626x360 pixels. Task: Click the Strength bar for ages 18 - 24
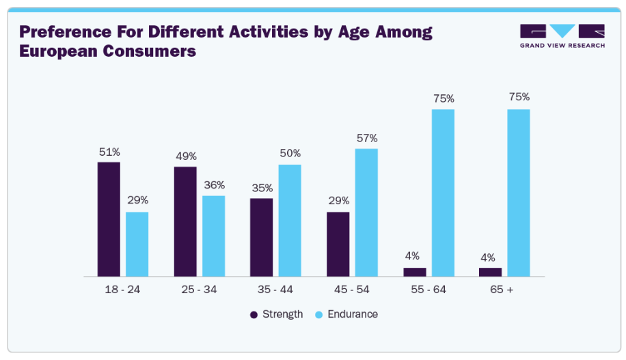(x=109, y=219)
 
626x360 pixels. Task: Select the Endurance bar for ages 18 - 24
(x=137, y=244)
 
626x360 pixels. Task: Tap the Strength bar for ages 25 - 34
(x=185, y=221)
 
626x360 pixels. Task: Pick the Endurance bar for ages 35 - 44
(x=290, y=220)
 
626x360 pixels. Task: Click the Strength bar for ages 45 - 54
(x=338, y=244)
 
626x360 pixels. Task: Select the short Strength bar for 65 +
(x=490, y=272)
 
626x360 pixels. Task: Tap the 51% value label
(x=109, y=152)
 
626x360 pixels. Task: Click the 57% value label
(x=366, y=138)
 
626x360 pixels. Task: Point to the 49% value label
(x=185, y=156)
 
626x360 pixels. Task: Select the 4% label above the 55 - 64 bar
(x=414, y=256)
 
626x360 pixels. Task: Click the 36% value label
(x=214, y=185)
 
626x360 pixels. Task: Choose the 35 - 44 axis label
(x=275, y=290)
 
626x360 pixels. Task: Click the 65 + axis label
(x=501, y=290)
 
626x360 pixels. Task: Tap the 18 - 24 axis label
(x=123, y=290)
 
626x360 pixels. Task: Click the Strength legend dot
(x=254, y=315)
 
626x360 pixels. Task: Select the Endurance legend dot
(x=318, y=315)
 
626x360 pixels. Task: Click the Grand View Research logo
(x=562, y=36)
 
